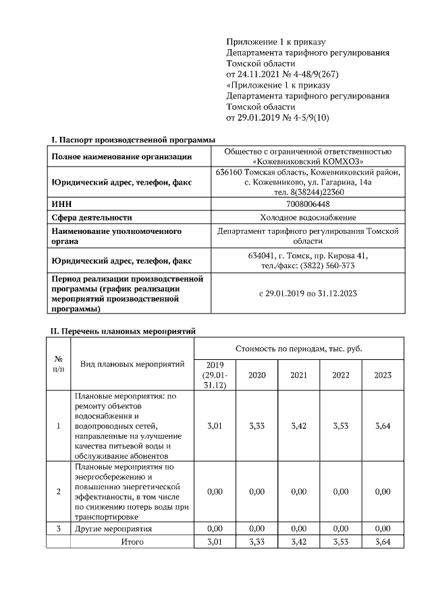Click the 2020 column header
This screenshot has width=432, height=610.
point(256,375)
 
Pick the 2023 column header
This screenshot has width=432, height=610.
point(382,375)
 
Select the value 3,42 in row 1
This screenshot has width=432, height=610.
point(298,426)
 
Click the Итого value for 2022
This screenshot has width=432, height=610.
point(341,541)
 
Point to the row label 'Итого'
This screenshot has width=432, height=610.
point(132,541)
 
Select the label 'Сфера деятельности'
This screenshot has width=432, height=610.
point(92,217)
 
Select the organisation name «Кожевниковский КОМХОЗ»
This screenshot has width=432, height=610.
point(308,162)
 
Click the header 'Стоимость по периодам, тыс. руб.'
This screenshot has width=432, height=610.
point(299,349)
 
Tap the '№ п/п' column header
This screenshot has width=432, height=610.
point(59,363)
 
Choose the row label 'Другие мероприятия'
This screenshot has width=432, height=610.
point(113,528)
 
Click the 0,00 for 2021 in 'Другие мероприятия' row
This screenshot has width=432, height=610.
point(298,528)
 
